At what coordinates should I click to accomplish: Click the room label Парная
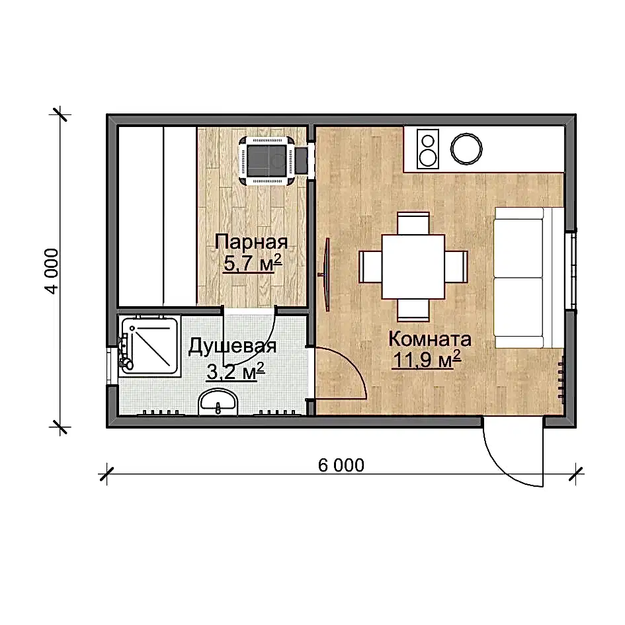coord(251,243)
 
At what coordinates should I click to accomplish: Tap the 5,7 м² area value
coord(253,263)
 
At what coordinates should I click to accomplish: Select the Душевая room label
coord(232,347)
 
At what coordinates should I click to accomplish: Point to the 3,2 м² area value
coord(235,372)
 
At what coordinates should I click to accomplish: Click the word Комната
coord(430,339)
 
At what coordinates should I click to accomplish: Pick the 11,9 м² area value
coord(427,360)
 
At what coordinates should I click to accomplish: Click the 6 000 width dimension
coord(341,465)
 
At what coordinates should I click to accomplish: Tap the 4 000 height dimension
coord(52,271)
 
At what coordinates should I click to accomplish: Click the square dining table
coord(413,267)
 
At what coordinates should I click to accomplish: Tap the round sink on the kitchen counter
coord(466,149)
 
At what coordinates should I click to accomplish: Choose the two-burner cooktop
coord(428,149)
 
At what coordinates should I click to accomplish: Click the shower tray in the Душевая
coord(150,345)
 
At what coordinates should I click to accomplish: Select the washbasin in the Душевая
coord(218,402)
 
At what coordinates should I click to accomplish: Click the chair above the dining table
coord(413,224)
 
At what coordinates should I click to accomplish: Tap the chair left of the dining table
coord(370,267)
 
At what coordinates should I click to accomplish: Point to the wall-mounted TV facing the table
coord(326,274)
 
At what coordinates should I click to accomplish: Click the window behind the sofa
coord(571,271)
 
